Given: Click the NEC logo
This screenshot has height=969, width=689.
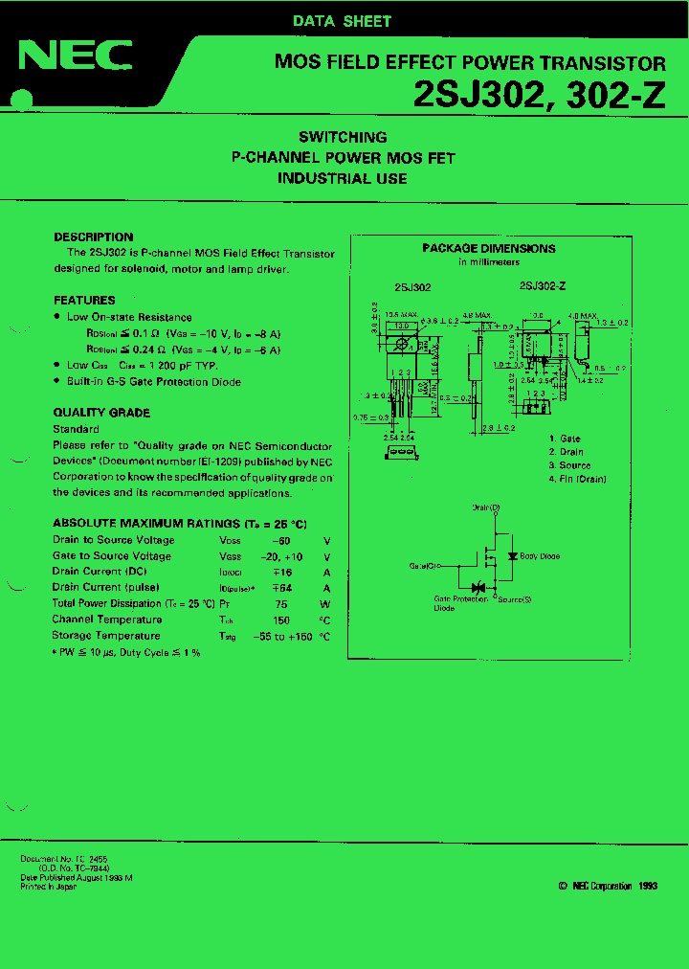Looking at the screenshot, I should click(x=76, y=56).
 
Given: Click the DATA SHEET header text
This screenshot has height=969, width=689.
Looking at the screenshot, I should click(x=342, y=21).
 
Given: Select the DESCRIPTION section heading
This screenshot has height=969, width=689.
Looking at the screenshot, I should click(x=94, y=237).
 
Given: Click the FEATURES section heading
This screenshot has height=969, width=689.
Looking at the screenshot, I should click(x=84, y=300).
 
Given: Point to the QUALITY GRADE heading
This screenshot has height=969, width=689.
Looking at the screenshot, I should click(x=101, y=413).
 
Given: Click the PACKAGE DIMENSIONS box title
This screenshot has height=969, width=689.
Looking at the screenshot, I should click(x=489, y=248).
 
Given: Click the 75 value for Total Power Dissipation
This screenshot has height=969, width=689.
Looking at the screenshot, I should click(x=281, y=604).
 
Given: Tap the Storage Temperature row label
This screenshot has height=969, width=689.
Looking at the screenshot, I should click(x=106, y=636).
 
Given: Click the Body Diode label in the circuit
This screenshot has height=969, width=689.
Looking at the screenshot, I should click(x=541, y=555).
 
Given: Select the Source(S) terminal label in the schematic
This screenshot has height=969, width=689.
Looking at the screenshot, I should click(x=514, y=599).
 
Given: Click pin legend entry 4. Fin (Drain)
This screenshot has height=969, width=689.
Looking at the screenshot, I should click(x=578, y=479).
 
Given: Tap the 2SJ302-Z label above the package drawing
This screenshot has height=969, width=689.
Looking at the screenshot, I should click(x=543, y=285).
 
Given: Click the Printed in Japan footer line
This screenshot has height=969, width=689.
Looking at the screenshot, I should click(x=49, y=887).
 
